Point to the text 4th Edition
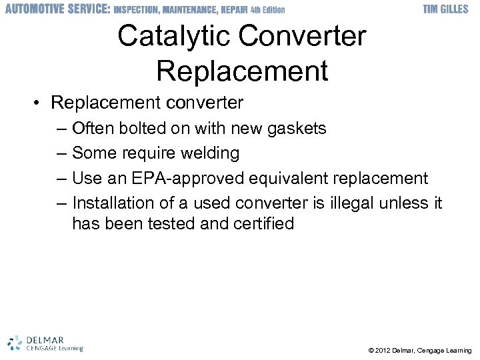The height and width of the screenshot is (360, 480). pos(267,10)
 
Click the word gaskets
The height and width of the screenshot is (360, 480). pos(296,128)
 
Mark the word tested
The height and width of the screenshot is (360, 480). pos(169,223)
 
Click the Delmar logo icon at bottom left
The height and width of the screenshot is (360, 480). pos(15,341)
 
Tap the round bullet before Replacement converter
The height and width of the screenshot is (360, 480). pos(39,103)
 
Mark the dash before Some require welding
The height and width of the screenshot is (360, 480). pos(62,153)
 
